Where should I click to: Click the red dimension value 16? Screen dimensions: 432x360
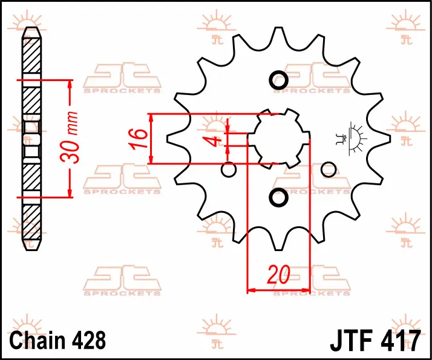click(139, 139)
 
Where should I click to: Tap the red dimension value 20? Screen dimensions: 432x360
click(278, 274)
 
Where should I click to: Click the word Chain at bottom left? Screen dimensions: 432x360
click(38, 340)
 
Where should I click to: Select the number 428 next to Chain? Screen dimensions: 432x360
click(89, 340)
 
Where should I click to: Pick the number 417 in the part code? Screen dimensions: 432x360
click(401, 340)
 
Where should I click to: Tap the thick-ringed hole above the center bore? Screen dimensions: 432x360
click(278, 80)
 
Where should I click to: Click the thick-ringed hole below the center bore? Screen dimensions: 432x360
click(278, 197)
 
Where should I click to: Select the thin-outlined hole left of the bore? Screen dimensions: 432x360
click(229, 169)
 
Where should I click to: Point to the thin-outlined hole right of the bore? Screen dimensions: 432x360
click(329, 169)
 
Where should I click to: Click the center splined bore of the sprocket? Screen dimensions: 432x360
click(278, 139)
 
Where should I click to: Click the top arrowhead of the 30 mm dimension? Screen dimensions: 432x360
click(70, 83)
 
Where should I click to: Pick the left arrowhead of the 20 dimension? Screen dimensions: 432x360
click(251, 290)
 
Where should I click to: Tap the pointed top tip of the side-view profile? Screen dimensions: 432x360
click(31, 28)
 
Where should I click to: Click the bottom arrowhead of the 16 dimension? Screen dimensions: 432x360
click(151, 160)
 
